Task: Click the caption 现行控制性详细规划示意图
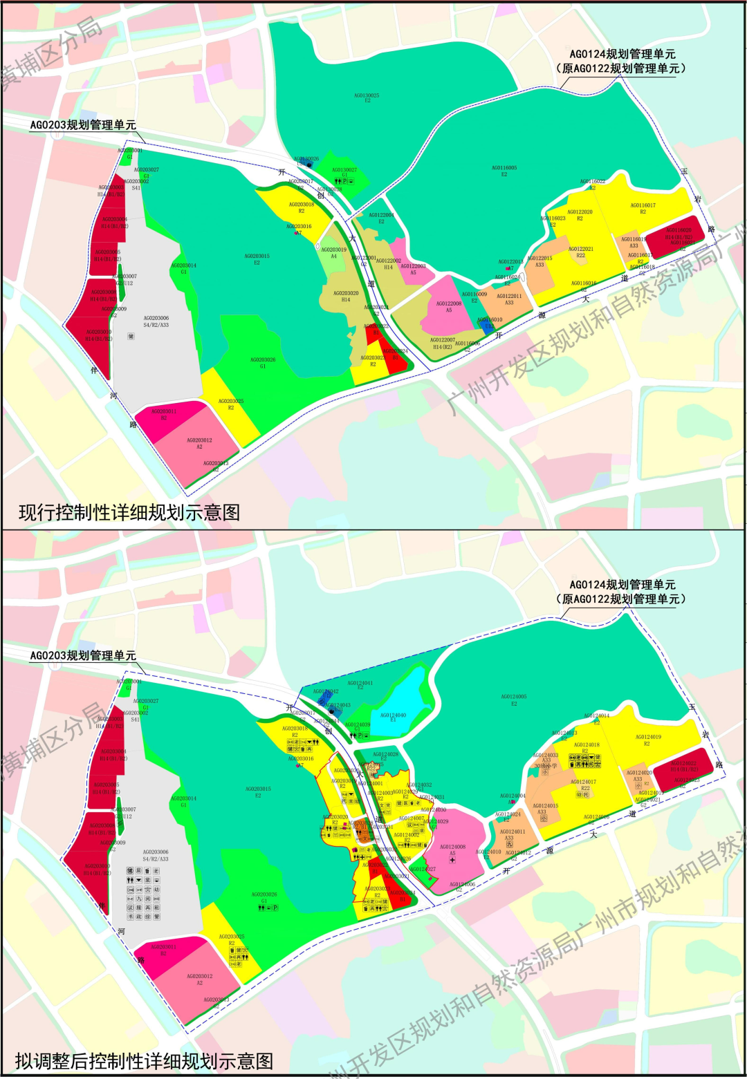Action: pos(129,512)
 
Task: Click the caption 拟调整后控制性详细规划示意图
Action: pos(145,1061)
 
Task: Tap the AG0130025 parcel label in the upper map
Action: pos(367,98)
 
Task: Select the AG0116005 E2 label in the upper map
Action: pos(504,171)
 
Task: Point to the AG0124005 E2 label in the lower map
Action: pos(514,700)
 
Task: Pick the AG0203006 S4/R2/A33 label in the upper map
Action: pos(156,321)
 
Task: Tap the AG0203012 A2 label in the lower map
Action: pos(199,979)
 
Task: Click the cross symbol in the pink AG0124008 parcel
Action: pos(452,861)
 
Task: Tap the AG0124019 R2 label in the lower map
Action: pos(648,740)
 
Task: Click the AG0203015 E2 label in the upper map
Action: pos(257,259)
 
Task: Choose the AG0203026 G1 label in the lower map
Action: pos(264,898)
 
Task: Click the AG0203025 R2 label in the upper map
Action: pos(231,404)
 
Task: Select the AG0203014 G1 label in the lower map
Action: pos(184,802)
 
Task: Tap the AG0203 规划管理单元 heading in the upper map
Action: pos(83,125)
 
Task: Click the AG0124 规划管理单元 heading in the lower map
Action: pos(622,585)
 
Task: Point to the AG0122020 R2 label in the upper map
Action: pos(580,215)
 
